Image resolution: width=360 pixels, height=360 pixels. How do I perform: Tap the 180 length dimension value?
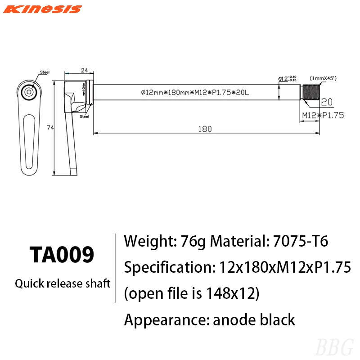pyautogui.click(x=205, y=129)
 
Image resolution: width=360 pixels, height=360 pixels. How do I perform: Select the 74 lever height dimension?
pyautogui.click(x=50, y=128)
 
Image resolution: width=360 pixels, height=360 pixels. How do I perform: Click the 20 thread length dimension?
pyautogui.click(x=327, y=102)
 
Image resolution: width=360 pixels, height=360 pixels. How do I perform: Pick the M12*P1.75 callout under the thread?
pyautogui.click(x=323, y=115)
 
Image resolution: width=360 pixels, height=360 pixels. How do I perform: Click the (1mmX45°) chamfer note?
pyautogui.click(x=323, y=78)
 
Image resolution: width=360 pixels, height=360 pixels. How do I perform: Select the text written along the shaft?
pyautogui.click(x=195, y=92)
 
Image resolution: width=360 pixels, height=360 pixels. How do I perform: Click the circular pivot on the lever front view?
pyautogui.click(x=29, y=92)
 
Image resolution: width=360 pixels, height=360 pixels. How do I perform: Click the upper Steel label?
pyautogui.click(x=45, y=72)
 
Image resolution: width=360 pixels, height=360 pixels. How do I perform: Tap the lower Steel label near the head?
pyautogui.click(x=84, y=117)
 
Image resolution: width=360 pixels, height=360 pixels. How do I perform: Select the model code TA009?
pyautogui.click(x=62, y=255)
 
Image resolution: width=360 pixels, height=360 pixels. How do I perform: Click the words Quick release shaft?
pyautogui.click(x=63, y=284)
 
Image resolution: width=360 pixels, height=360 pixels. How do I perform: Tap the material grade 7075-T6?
pyautogui.click(x=301, y=242)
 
